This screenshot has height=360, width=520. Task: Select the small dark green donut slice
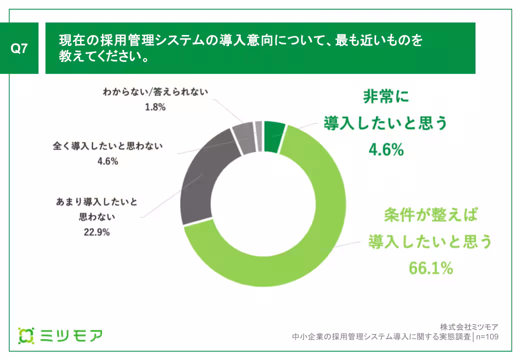click(x=274, y=136)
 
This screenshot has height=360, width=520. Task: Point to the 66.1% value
click(x=430, y=268)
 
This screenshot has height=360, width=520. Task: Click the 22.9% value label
click(x=94, y=232)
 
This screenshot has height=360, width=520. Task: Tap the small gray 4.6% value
click(x=107, y=161)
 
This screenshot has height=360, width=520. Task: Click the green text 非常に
click(x=385, y=96)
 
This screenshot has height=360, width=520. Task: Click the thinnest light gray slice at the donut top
click(x=258, y=129)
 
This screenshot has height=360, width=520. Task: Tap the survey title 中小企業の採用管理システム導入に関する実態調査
click(x=382, y=336)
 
